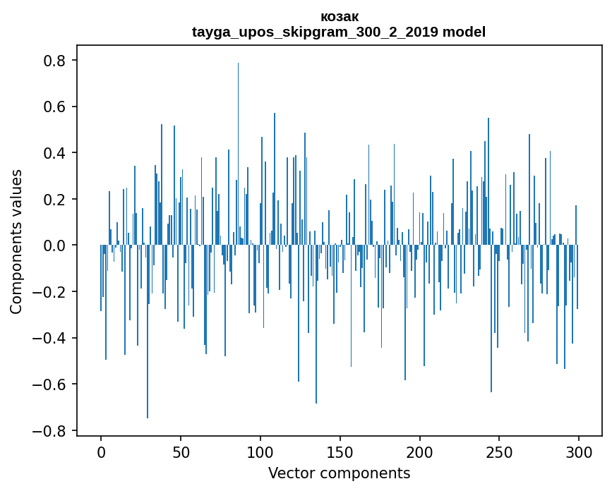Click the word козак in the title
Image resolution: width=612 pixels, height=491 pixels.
(x=339, y=16)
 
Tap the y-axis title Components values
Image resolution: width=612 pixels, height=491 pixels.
(x=16, y=241)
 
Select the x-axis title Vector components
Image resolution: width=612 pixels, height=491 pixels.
(x=339, y=473)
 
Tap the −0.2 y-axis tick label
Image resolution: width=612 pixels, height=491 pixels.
(x=51, y=292)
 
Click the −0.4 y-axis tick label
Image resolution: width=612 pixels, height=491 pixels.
(x=51, y=338)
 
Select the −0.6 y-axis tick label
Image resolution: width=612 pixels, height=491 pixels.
(x=51, y=384)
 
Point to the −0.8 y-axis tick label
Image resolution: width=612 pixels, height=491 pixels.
(x=51, y=430)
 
